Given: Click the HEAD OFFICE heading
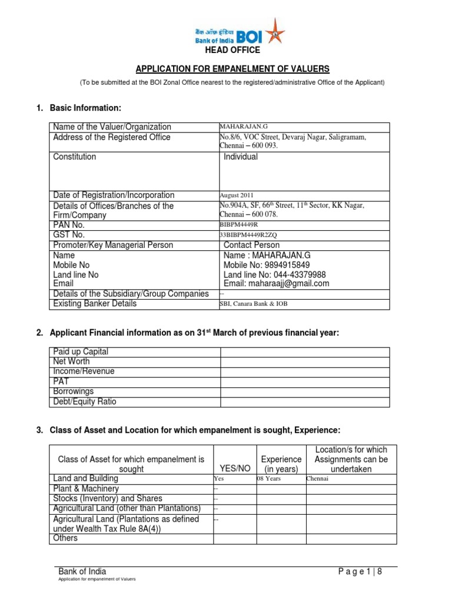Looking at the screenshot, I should click(231, 50).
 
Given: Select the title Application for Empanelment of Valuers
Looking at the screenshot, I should click(232, 68).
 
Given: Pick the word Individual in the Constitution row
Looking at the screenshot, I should click(241, 157).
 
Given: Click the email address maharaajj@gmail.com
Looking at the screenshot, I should click(276, 283).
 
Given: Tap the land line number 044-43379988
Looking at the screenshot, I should click(298, 274).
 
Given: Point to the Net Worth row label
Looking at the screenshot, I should click(73, 362).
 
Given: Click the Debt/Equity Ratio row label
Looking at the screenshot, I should click(85, 402).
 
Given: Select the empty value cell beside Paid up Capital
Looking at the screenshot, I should click(304, 352).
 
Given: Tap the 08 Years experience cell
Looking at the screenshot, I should click(269, 479).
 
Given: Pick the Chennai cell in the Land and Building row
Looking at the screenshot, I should click(317, 479).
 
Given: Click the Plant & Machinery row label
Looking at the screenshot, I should click(86, 489).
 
